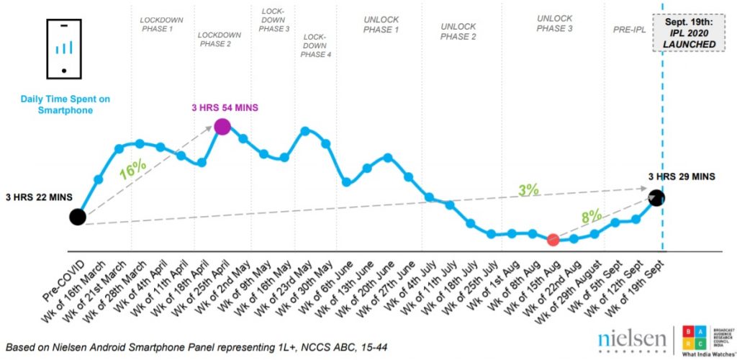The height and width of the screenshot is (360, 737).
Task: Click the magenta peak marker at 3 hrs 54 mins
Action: click(222, 127)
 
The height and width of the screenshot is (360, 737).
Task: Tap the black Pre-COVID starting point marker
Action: click(78, 217)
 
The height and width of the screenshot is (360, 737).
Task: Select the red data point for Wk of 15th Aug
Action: click(553, 240)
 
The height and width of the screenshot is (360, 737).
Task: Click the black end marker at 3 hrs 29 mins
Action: click(656, 197)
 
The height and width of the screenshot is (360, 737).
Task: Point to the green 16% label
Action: click(132, 170)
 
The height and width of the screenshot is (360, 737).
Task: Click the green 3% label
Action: click(528, 190)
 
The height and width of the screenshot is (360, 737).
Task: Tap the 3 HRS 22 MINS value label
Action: click(37, 198)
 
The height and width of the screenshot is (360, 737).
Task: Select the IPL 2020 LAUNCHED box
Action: click(689, 33)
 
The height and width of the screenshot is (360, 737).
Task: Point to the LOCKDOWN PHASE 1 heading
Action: click(162, 24)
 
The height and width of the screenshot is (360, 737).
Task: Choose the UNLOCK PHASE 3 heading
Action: click(556, 24)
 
